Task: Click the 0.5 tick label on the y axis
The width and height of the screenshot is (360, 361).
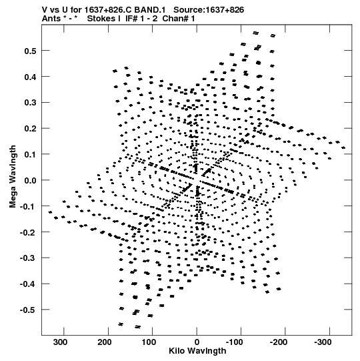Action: (30, 51)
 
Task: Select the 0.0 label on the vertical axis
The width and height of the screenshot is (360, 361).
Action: (30, 180)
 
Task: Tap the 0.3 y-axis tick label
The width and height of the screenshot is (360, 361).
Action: (30, 103)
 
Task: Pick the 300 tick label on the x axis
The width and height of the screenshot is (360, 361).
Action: (61, 342)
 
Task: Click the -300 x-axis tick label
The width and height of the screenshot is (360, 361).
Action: (323, 342)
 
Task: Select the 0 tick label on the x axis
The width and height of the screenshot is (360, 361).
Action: (197, 342)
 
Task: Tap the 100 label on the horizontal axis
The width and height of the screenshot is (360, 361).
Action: (149, 342)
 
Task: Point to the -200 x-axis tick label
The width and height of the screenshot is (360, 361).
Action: (279, 342)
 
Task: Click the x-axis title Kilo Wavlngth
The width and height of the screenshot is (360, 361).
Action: (197, 351)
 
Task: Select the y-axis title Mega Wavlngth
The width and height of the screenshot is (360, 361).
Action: (13, 177)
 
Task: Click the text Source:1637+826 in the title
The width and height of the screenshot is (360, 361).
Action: (209, 10)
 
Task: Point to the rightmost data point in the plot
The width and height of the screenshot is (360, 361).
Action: (343, 147)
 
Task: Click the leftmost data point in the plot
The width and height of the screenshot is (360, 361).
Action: (51, 212)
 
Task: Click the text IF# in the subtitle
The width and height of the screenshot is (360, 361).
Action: (131, 19)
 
